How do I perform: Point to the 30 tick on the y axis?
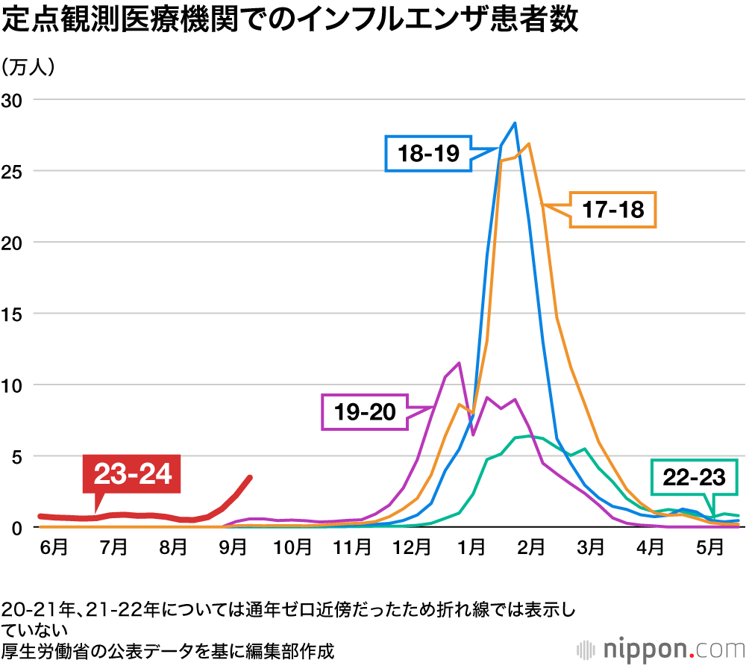tap(14, 100)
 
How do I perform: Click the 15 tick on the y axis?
tap(14, 314)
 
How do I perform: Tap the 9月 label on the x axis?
tap(233, 547)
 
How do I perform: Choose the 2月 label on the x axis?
tap(530, 547)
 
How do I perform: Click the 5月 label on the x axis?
tap(709, 547)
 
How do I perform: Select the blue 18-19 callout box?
tap(428, 154)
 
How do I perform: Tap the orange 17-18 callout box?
tap(612, 209)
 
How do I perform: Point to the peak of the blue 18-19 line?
tap(515, 123)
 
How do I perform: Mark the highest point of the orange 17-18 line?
tap(528, 144)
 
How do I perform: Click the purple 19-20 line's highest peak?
tap(459, 364)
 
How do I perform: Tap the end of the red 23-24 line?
tap(251, 478)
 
